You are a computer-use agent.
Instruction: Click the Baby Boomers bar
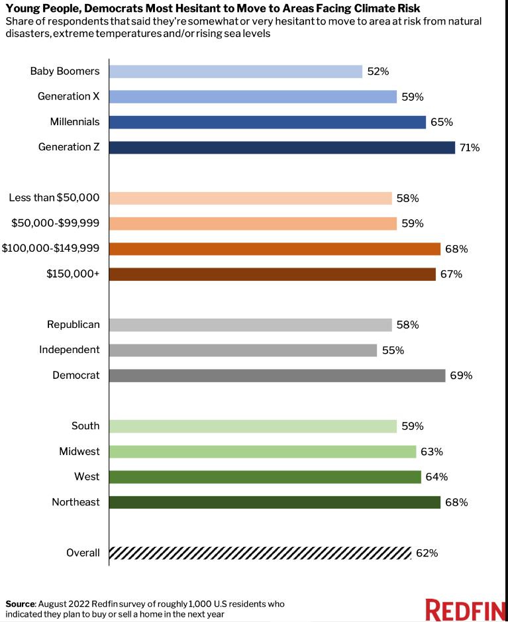pyautogui.click(x=236, y=72)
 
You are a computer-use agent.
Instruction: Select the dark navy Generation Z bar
pyautogui.click(x=282, y=148)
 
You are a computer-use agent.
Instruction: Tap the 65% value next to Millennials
pyautogui.click(x=441, y=122)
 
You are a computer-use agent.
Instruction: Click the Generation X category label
pyautogui.click(x=69, y=97)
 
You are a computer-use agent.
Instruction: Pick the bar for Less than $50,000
pyautogui.click(x=250, y=198)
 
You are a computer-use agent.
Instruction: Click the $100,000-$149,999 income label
pyautogui.click(x=50, y=248)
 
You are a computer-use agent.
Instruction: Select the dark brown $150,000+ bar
pyautogui.click(x=272, y=274)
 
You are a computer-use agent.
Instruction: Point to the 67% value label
pyautogui.click(x=451, y=274)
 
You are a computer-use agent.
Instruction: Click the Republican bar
pyautogui.click(x=250, y=325)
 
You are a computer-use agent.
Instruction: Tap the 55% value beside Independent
pyautogui.click(x=393, y=350)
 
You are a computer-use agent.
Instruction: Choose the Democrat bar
pyautogui.click(x=278, y=376)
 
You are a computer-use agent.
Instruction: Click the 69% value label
pyautogui.click(x=461, y=376)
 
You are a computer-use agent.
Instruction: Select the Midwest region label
pyautogui.click(x=79, y=451)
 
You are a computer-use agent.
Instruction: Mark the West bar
pyautogui.click(x=265, y=477)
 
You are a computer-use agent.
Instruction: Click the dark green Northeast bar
pyautogui.click(x=275, y=502)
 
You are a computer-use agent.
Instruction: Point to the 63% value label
pyautogui.click(x=432, y=451)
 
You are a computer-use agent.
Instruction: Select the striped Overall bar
pyautogui.click(x=260, y=553)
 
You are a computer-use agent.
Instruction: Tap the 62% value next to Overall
pyautogui.click(x=427, y=553)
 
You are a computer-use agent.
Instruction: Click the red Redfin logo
pyautogui.click(x=466, y=609)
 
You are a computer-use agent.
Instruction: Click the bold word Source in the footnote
pyautogui.click(x=21, y=604)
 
